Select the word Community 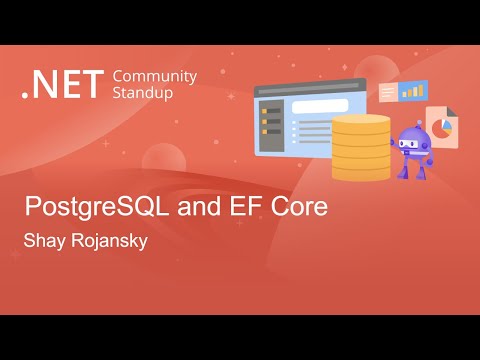coord(155,76)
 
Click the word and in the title coord(195,210)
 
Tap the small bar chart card coord(412,91)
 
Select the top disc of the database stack coord(361,122)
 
